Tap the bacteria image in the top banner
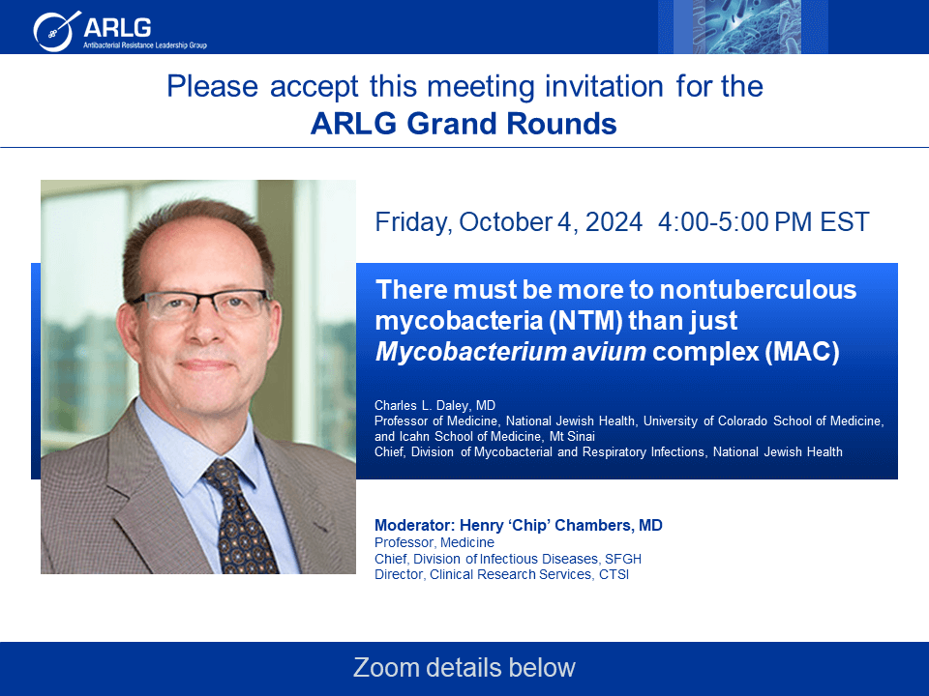coord(743,27)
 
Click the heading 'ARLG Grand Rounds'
coord(464,124)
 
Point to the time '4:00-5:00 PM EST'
coord(764,222)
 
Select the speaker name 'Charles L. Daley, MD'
coord(435,405)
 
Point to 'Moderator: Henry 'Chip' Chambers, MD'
coord(519,526)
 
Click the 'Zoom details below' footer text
coord(464,668)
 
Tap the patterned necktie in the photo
coord(239,516)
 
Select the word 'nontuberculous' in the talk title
coord(759,290)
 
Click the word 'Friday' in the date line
coord(413,223)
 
